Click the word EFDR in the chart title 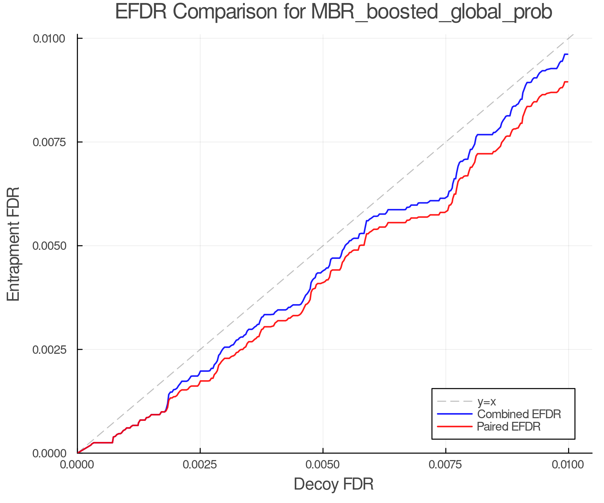pos(141,12)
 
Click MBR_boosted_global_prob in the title pos(432,13)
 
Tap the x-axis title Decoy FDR pos(334,484)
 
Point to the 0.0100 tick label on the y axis pos(49,39)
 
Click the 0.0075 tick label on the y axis pos(49,142)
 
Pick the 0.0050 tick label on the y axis pos(49,246)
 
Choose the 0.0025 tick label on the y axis pos(49,349)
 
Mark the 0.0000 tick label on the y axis pos(49,453)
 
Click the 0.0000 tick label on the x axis pos(78,465)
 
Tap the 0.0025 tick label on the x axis pos(200,465)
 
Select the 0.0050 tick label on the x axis pos(323,465)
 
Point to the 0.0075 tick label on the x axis pos(446,465)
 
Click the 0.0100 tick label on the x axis pos(568,465)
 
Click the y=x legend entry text pos(487,401)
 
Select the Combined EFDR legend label pos(519,414)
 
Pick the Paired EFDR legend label pos(509,427)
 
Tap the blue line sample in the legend pos(455,414)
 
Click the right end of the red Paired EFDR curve pos(567,82)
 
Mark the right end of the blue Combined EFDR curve pos(567,54)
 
